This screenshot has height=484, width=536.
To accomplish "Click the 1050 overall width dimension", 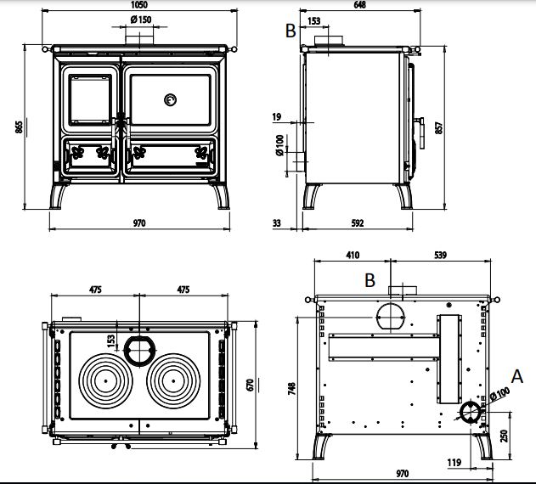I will (138, 5).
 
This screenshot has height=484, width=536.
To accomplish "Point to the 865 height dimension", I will (18, 127).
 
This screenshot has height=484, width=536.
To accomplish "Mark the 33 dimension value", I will (278, 223).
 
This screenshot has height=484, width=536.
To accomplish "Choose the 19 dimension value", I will (277, 116).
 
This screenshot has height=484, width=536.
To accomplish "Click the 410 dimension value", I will (353, 255).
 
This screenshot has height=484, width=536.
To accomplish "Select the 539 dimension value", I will (440, 255).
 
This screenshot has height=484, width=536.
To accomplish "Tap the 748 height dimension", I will (291, 389).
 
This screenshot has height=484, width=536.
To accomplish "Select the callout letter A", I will (518, 374).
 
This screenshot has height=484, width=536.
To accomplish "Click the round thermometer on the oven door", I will (170, 98).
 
